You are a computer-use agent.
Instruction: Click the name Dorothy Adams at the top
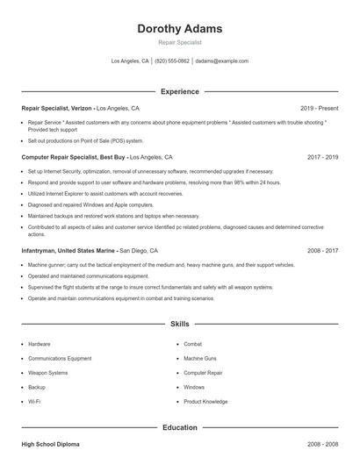coord(180,28)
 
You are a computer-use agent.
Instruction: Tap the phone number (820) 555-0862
coord(172,61)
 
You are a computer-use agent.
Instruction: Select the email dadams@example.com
coord(221,61)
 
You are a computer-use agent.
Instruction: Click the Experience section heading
coord(180,91)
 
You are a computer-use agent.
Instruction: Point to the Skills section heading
coord(180,324)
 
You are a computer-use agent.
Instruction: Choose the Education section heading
coord(180,427)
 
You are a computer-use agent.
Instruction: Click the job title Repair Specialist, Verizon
coord(56,107)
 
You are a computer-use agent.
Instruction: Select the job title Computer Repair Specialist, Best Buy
coord(73,156)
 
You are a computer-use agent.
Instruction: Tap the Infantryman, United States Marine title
coord(68,250)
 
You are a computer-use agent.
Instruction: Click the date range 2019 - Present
coord(319,107)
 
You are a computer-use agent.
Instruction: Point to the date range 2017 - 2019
coord(322,156)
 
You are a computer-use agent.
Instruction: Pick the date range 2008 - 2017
coord(322,250)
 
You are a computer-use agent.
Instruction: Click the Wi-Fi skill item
coord(34,401)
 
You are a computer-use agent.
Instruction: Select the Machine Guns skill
coord(200,358)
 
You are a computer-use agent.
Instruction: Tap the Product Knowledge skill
coord(205,401)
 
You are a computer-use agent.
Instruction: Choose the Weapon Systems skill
coord(47,372)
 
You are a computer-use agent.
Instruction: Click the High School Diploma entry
coord(52,446)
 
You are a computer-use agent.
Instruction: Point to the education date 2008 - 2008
coord(322,446)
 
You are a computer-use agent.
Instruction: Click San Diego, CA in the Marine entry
coord(139,250)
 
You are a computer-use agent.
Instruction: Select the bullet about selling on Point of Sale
coord(85,140)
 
